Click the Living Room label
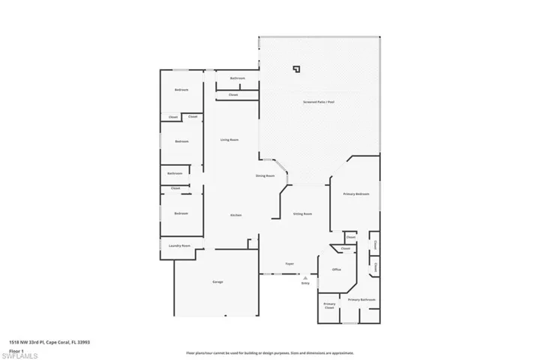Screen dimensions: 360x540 coord(229,139)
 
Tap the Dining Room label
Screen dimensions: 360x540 coord(265,175)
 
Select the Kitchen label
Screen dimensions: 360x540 coord(235,215)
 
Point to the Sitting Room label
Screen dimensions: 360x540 coord(302,214)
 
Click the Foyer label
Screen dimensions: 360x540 coord(289,263)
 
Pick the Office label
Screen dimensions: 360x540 coord(337,269)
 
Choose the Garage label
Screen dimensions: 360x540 coord(217,281)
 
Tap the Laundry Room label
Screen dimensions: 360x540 coord(180,246)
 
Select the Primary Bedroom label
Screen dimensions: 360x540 coord(356,193)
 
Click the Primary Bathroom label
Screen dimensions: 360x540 coord(361,299)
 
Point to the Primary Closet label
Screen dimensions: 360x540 coord(329,305)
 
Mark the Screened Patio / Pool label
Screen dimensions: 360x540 coord(319,101)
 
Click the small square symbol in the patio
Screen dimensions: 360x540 coord(296,69)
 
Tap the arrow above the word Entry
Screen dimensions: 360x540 coord(305,277)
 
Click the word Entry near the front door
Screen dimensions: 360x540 coord(305,283)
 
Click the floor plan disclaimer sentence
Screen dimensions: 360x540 coord(269,352)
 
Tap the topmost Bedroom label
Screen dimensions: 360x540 coord(181,89)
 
